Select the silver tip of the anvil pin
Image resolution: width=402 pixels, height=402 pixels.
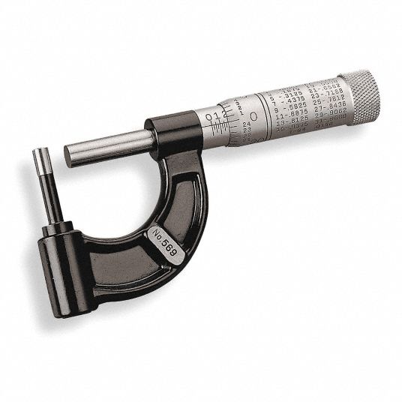(40, 157)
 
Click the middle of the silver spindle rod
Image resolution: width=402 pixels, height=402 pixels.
(112, 142)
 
